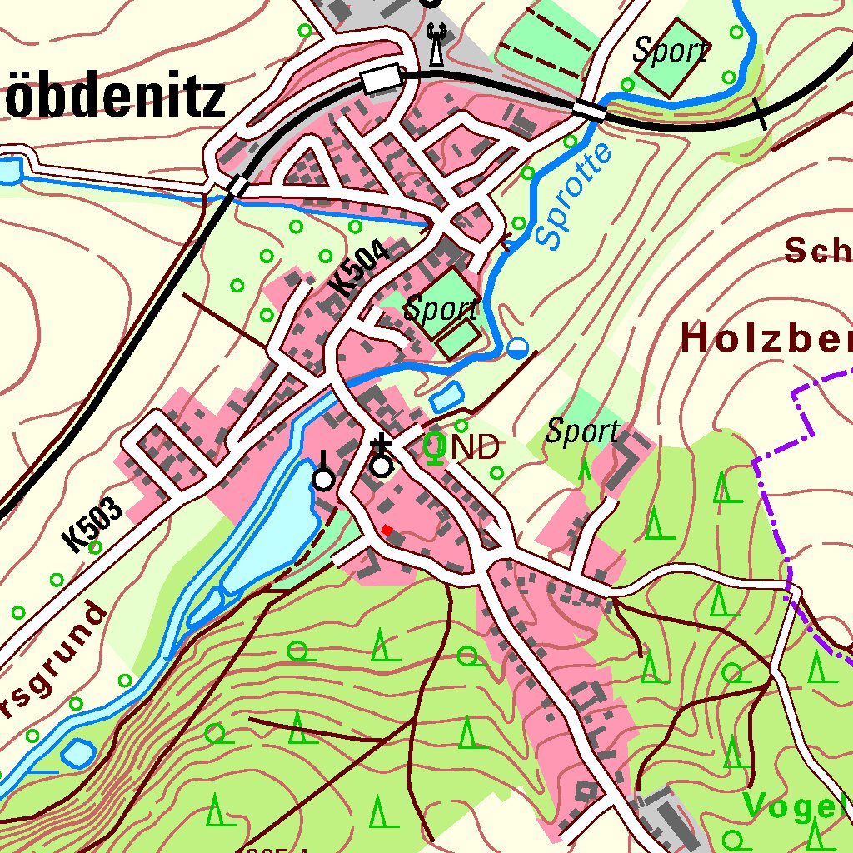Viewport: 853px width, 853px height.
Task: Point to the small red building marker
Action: point(387,530)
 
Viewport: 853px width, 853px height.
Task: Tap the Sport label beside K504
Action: point(441,310)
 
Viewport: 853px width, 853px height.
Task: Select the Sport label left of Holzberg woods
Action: point(582,431)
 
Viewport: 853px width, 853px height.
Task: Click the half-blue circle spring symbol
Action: point(518,348)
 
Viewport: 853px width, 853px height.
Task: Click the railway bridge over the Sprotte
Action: point(589,110)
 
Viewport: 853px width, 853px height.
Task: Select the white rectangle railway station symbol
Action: point(382,81)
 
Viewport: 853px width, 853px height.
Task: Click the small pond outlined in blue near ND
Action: point(446,397)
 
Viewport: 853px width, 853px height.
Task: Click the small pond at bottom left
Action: point(77,753)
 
